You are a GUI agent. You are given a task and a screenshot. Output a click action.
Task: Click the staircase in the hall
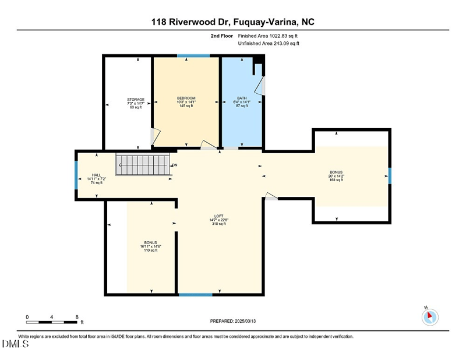142,164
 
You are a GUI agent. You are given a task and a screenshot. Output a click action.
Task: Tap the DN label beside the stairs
175,165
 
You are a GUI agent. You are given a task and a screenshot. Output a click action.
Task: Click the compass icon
429,317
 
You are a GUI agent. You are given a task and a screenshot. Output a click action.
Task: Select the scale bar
52,321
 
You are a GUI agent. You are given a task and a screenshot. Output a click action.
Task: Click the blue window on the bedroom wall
193,56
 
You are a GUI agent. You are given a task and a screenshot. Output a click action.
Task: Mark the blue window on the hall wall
76,175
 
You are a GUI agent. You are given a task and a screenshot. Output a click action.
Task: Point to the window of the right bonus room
390,175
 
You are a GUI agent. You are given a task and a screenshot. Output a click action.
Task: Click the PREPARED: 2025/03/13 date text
233,321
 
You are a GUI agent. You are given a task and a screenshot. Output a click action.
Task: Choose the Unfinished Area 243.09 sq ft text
269,44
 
